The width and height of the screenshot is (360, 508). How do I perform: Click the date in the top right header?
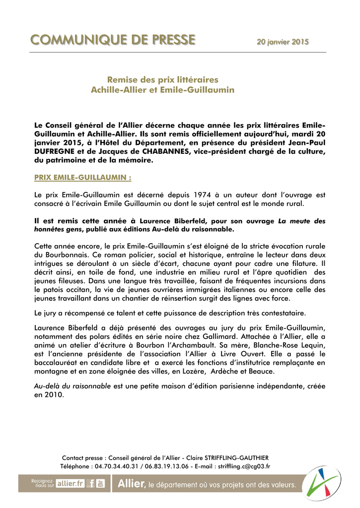coord(282,43)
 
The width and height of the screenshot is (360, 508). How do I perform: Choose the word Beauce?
coord(262,372)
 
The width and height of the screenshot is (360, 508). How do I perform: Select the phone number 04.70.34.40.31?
coord(116,466)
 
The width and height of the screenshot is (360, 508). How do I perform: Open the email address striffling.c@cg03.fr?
coord(244,466)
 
